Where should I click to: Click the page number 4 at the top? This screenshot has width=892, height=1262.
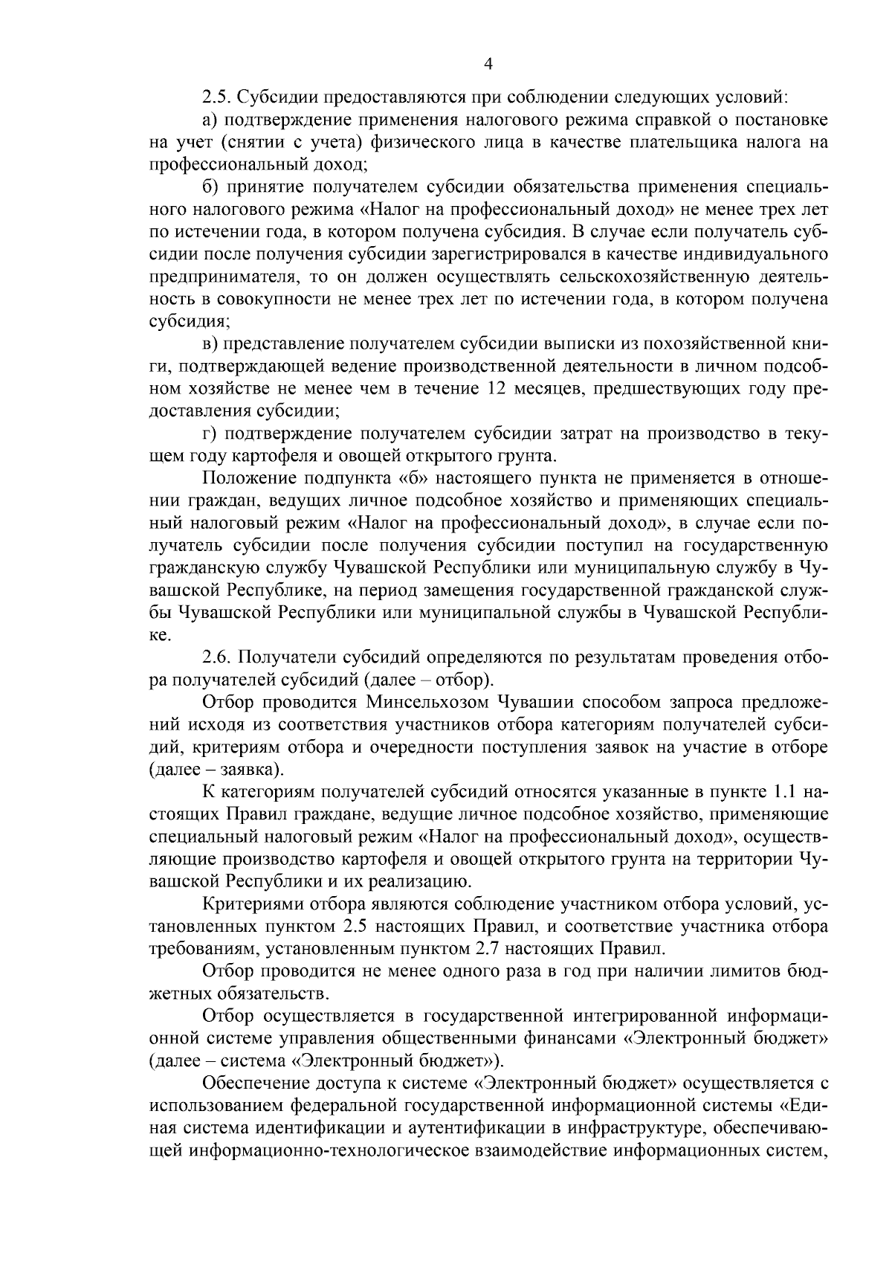488,65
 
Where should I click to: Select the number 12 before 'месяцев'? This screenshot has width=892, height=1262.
499,389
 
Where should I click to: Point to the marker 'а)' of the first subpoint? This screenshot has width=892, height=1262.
210,120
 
